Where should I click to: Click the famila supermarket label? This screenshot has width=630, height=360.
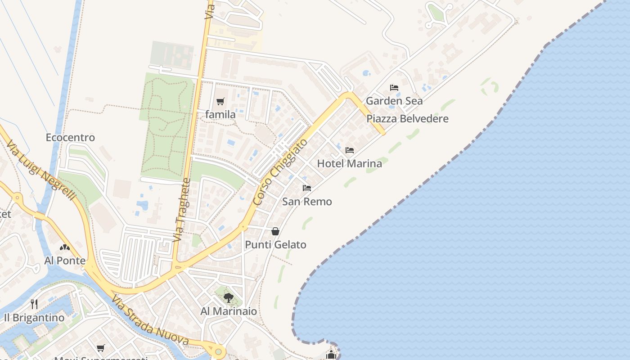tap(220, 115)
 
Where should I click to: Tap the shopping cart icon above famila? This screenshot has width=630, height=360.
tap(220, 102)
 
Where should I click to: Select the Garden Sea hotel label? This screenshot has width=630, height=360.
tap(394, 101)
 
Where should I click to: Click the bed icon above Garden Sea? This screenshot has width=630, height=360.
tap(394, 88)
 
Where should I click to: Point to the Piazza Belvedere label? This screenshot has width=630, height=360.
tap(407, 119)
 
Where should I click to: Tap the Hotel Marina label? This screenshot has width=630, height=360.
tap(349, 163)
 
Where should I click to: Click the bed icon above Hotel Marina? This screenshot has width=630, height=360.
tap(349, 150)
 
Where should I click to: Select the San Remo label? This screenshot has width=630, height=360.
tap(307, 202)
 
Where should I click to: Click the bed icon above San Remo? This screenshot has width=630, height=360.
tap(307, 188)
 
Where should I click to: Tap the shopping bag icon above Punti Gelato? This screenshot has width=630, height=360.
tap(275, 231)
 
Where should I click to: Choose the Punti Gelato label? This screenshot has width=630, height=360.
tap(275, 245)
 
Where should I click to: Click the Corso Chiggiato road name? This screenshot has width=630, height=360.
tap(280, 172)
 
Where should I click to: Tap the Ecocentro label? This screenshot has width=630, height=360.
tap(70, 137)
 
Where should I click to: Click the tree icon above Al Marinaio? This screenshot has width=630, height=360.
tap(229, 297)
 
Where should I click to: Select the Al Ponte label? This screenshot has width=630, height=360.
tap(65, 261)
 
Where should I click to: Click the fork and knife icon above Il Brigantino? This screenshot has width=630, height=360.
tap(34, 304)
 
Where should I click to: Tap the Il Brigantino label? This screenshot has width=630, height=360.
tap(34, 318)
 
